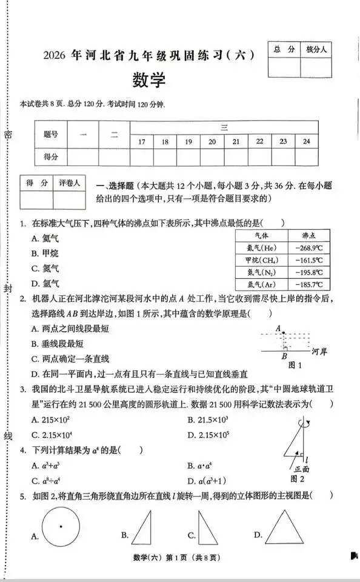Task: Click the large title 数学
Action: [148, 81]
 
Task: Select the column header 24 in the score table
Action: [307, 141]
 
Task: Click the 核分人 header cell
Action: [316, 50]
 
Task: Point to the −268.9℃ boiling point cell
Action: [309, 247]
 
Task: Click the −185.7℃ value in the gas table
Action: [309, 284]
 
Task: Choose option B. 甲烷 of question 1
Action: [45, 253]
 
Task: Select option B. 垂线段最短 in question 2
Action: [58, 344]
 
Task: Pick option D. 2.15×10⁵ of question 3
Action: [208, 435]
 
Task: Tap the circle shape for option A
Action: [61, 526]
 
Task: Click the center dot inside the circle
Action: [61, 526]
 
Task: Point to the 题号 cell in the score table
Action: [51, 135]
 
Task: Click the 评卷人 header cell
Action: [69, 182]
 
